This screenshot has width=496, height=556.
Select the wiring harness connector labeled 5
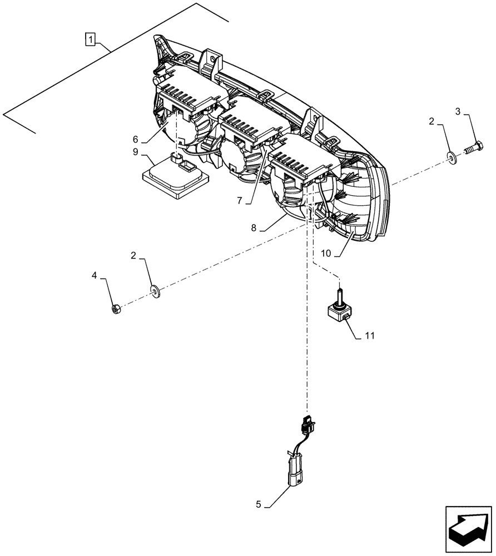click(x=294, y=465)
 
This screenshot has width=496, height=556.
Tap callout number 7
click(x=240, y=201)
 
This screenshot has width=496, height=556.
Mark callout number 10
click(x=326, y=253)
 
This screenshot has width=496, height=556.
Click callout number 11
click(x=369, y=336)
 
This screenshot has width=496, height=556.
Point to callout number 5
click(x=259, y=505)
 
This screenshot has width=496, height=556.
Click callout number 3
click(x=458, y=112)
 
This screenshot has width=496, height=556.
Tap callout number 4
click(x=95, y=275)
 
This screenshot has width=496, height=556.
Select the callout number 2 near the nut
click(x=133, y=256)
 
